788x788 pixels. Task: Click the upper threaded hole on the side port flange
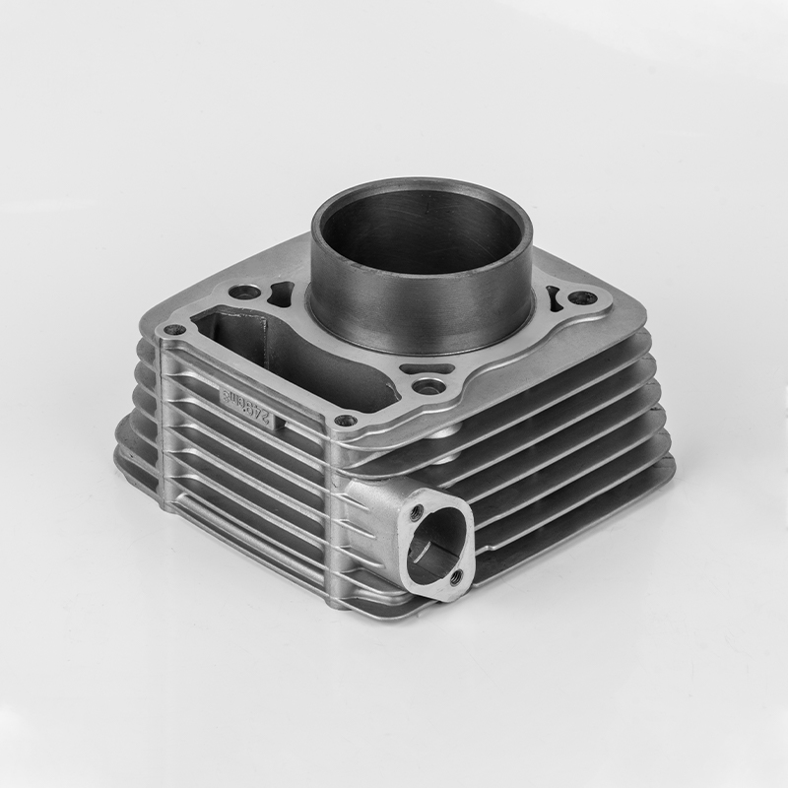[x=417, y=512]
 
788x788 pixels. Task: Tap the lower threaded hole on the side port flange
[x=456, y=579]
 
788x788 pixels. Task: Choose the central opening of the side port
[x=433, y=547]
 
